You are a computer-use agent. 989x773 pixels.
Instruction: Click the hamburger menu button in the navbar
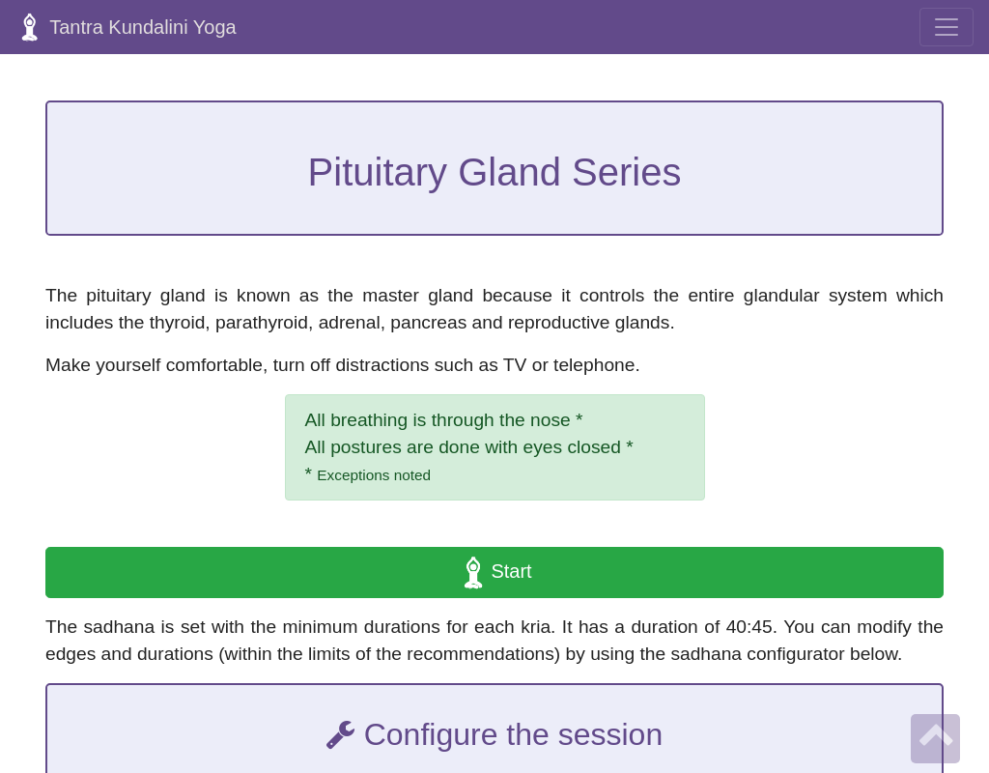point(947,27)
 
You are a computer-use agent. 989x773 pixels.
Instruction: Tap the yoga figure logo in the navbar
point(30,28)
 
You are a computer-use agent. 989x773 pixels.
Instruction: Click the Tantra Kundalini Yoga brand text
point(143,27)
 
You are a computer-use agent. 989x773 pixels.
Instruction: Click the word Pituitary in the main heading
point(378,172)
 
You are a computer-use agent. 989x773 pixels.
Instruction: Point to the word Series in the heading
point(627,172)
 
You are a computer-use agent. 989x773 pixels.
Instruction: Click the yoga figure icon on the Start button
point(473,572)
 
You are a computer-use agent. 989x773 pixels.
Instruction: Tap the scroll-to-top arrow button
point(935,738)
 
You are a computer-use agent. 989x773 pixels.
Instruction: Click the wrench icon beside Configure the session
point(341,735)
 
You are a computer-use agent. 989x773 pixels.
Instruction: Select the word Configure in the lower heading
point(431,735)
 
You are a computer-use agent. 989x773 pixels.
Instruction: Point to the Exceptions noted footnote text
point(374,475)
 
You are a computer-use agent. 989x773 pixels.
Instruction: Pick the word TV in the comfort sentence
point(514,364)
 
